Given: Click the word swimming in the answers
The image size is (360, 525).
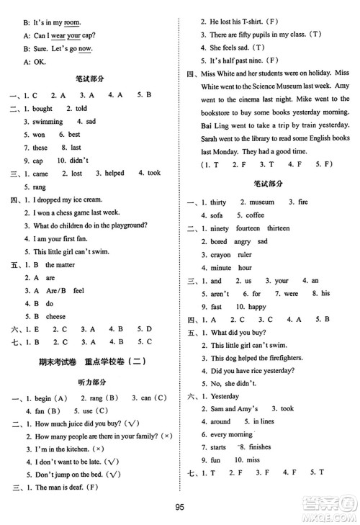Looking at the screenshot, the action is click(x=48, y=122).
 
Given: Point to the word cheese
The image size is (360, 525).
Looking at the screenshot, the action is click(x=55, y=316).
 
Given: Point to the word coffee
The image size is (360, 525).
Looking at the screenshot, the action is click(x=255, y=215).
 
